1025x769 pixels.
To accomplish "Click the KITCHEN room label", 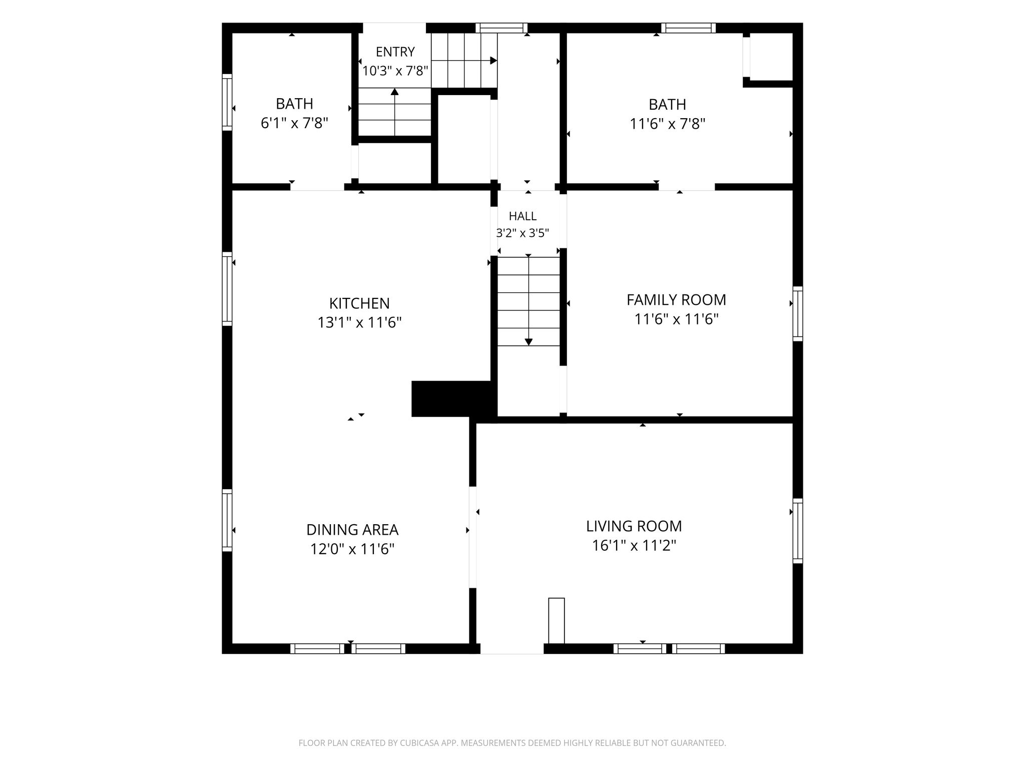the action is pos(359,303).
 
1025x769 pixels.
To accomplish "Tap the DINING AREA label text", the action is pos(352,530).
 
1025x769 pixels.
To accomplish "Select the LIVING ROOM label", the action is pos(634,526).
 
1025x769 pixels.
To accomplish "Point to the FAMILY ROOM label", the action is pos(676,300).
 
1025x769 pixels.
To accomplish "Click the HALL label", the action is pos(523,216).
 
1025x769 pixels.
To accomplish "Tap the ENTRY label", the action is pos(395,52).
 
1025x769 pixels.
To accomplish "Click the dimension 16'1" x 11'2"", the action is pos(634,545).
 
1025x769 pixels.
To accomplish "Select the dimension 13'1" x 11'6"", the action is pos(359,322).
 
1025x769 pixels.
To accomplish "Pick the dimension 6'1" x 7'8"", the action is pos(294,123).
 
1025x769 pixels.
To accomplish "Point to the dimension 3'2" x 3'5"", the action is pos(523,233).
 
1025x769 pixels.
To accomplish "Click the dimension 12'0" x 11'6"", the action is pos(352,549).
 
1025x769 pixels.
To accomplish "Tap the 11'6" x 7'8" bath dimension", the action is pos(668,124).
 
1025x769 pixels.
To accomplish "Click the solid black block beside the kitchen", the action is pos(451,399).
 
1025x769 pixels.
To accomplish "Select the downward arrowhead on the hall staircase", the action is pos(529,342).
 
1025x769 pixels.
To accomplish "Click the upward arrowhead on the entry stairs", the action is pos(395,92).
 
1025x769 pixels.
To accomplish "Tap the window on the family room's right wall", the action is pos(798,314).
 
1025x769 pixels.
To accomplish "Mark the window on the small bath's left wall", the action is pos(227,102).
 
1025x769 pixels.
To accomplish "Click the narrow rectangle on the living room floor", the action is pos(557,620).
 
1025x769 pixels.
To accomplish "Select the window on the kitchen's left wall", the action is pos(227,289).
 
